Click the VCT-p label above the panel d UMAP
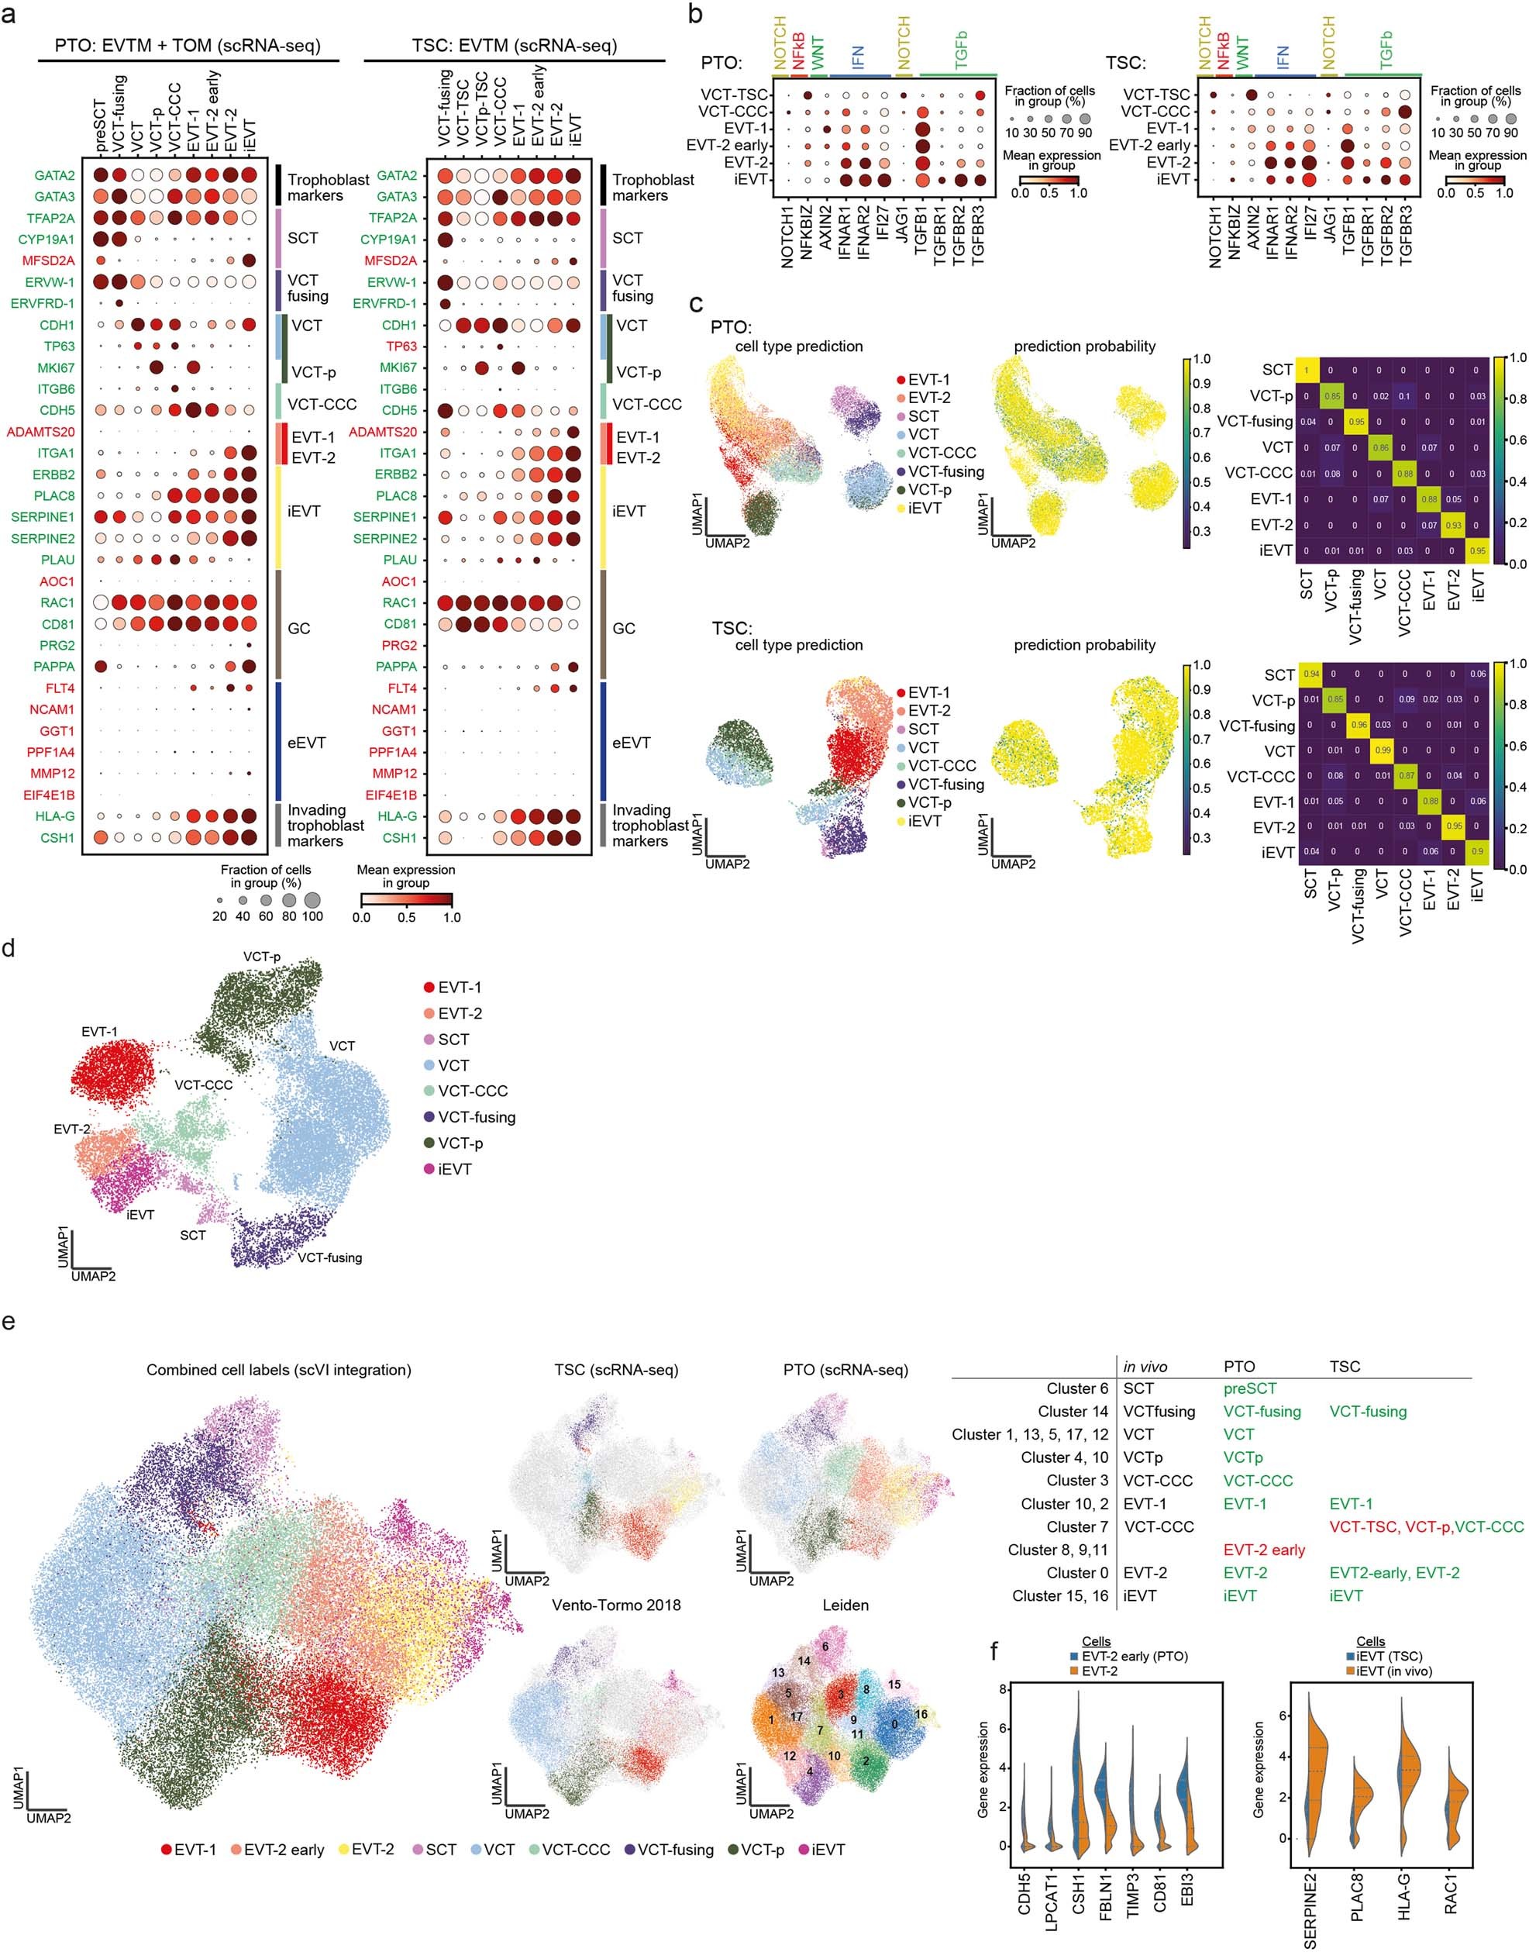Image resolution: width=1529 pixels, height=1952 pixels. [x=261, y=957]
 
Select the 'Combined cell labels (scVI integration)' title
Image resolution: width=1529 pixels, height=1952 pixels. [x=278, y=1370]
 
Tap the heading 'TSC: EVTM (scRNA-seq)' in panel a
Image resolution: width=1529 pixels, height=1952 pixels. [x=515, y=45]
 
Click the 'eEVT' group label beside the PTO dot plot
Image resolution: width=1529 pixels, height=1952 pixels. [x=306, y=743]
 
